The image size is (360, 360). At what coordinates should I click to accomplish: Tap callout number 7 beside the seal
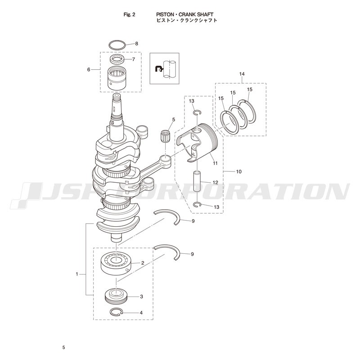[133, 59]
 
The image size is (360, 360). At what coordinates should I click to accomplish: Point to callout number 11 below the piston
[215, 163]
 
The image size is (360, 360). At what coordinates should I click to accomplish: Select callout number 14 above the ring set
[242, 74]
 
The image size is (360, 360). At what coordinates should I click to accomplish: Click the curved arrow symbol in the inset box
[159, 68]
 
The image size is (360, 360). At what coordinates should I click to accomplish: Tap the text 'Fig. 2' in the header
[130, 15]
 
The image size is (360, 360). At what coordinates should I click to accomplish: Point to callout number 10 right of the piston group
[239, 171]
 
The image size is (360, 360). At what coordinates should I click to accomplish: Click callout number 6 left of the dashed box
[89, 69]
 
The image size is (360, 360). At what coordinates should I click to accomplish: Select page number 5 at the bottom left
[63, 347]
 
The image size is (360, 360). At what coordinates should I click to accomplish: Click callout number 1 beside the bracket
[77, 274]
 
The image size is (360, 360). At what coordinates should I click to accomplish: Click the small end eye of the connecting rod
[165, 158]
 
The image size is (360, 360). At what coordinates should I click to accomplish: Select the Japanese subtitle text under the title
[187, 20]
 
